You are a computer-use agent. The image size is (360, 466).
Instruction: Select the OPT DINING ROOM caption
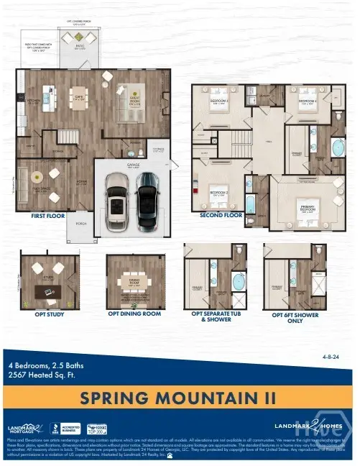(x=134, y=313)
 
